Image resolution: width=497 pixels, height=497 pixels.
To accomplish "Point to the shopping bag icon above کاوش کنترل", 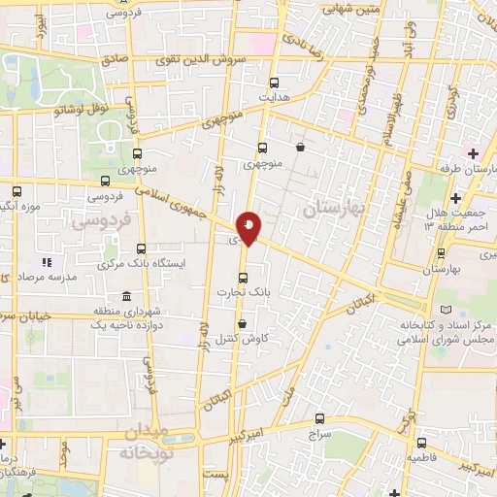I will click(x=242, y=325).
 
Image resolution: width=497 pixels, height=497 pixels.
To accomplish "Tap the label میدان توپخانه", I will click(x=147, y=443).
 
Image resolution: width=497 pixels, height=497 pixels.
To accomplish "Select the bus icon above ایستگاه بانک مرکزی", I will click(x=142, y=248).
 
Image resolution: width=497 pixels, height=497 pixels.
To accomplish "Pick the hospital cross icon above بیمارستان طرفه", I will click(x=473, y=154).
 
